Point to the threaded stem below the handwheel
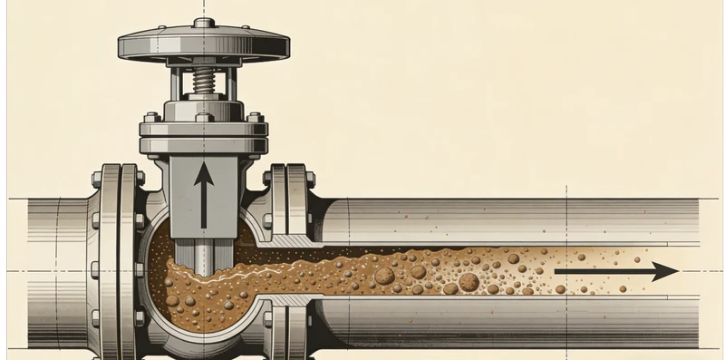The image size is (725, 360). pyautogui.click(x=204, y=83)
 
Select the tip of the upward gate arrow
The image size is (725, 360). pyautogui.click(x=204, y=164)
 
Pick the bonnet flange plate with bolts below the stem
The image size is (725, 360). pyautogui.click(x=203, y=131)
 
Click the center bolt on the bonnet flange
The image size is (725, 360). pyautogui.click(x=204, y=117)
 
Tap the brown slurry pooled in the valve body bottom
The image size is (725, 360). pyautogui.click(x=195, y=299)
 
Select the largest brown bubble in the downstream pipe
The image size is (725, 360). pyautogui.click(x=469, y=282)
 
